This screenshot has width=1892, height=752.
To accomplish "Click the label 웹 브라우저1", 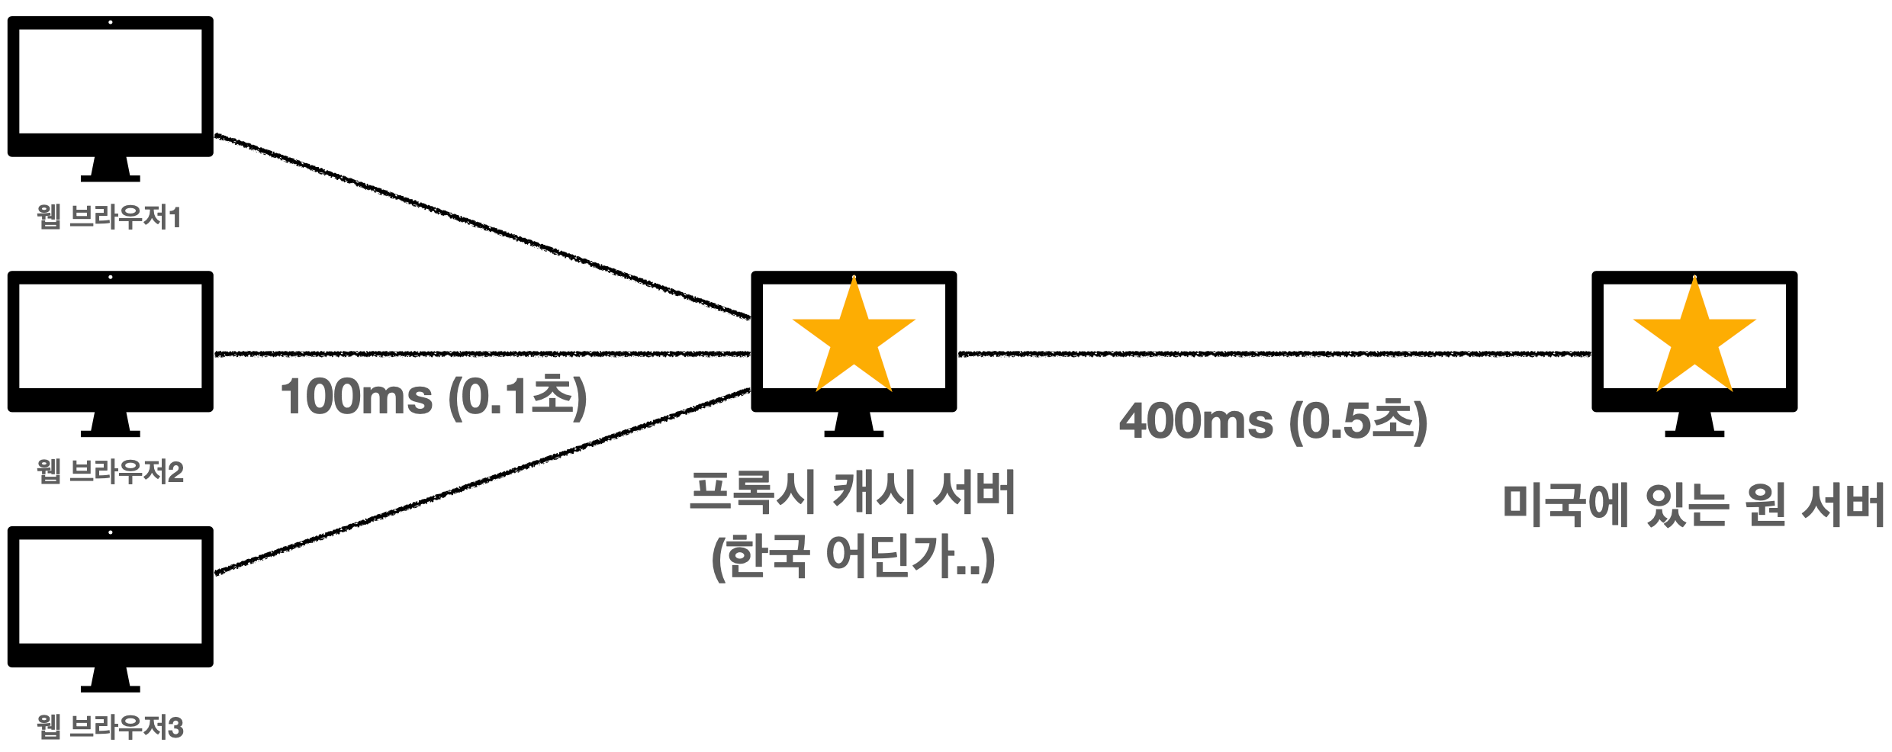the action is (109, 217).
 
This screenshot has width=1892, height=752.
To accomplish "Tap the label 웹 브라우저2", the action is (111, 472).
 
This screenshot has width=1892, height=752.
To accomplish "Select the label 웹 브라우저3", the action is (111, 727).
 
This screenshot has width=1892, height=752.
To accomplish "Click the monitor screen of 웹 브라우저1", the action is (111, 81).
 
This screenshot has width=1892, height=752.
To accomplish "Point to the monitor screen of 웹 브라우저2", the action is (111, 336).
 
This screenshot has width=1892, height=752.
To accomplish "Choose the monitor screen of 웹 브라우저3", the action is (111, 591).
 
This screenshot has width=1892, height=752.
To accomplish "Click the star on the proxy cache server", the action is (854, 339).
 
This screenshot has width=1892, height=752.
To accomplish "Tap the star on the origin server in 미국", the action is (1694, 339).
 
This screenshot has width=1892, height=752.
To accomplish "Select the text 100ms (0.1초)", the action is (433, 397).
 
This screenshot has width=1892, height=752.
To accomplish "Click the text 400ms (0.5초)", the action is (1273, 421).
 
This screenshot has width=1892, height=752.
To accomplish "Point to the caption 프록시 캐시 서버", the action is (852, 492).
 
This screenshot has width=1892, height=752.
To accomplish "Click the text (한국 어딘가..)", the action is (852, 557).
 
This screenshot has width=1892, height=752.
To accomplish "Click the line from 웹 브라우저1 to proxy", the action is (481, 226).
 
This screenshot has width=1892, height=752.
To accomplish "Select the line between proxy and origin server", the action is (1274, 354).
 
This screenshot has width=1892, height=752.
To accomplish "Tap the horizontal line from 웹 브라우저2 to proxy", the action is (481, 354).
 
